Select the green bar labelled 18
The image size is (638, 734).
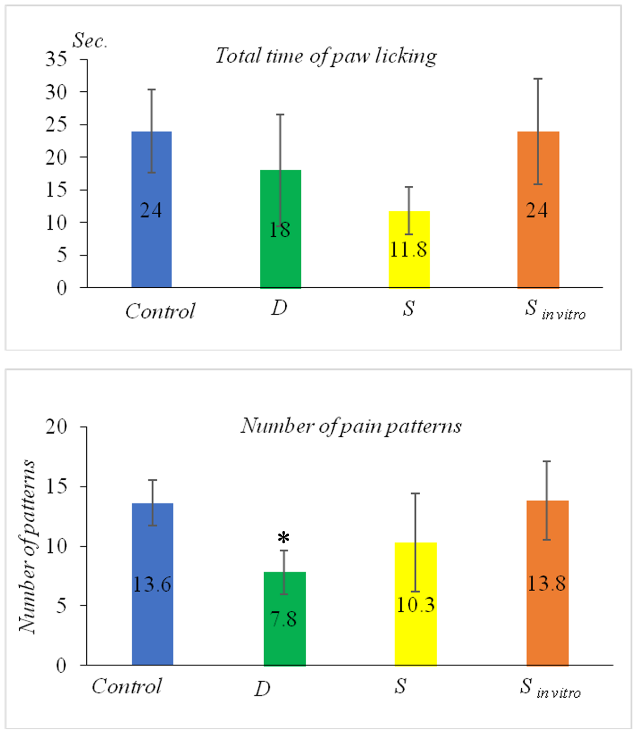click(280, 260)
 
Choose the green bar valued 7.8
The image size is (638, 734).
click(284, 644)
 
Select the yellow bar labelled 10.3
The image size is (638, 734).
click(415, 636)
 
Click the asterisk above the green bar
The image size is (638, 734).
click(283, 538)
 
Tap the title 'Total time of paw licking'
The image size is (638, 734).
click(326, 56)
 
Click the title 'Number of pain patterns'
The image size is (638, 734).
click(351, 426)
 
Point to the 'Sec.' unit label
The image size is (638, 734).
click(90, 41)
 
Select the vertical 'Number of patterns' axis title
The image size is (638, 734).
click(28, 546)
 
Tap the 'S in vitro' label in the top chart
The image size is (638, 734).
click(554, 310)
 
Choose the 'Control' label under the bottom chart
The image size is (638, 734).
click(127, 687)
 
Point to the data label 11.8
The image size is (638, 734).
click(408, 250)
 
